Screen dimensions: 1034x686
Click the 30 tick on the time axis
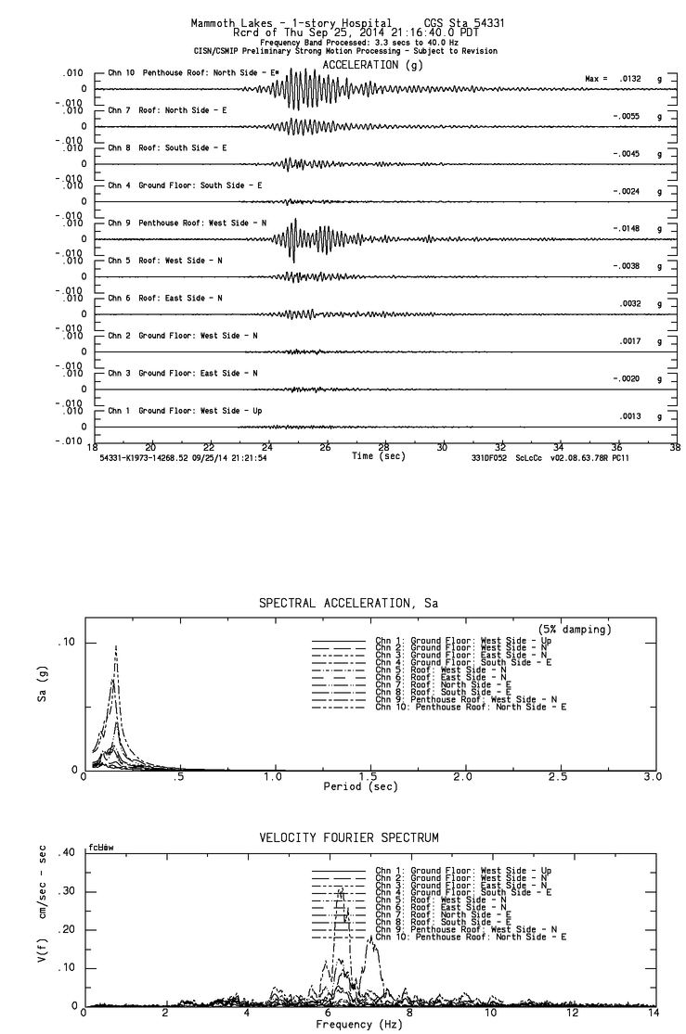point(443,446)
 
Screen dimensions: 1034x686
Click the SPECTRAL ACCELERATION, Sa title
point(348,604)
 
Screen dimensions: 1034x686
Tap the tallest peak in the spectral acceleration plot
point(116,646)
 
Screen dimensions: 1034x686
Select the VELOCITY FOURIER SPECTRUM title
point(348,838)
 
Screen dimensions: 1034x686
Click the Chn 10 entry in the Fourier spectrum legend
point(471,938)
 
